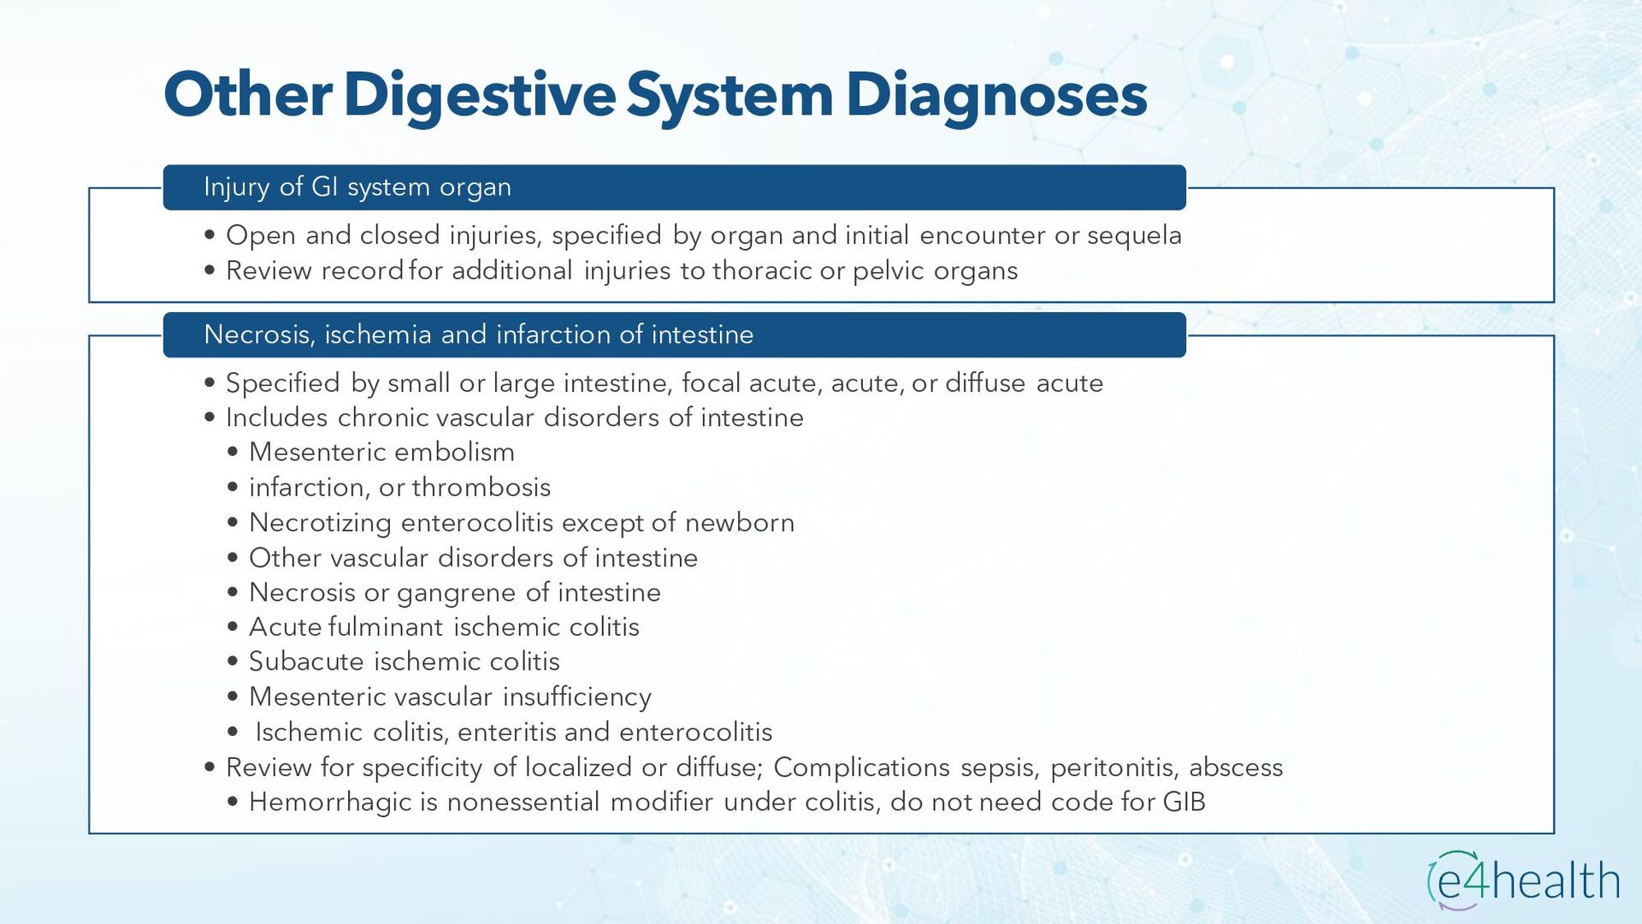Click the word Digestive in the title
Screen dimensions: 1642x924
point(479,95)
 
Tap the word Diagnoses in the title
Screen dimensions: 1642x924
point(996,95)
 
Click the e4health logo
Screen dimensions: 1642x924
point(1523,880)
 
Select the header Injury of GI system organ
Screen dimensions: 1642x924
point(357,187)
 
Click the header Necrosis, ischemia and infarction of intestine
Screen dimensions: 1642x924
point(479,335)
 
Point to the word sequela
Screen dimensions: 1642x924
point(1134,235)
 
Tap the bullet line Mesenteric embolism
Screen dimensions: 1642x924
point(381,453)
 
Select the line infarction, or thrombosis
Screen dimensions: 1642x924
point(399,488)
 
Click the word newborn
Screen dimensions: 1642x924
point(740,523)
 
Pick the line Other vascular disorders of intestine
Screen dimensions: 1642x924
point(473,558)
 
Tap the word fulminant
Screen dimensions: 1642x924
point(385,627)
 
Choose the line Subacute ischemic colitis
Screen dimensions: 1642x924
point(404,662)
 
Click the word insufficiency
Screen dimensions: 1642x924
point(576,697)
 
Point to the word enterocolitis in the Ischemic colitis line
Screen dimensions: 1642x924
point(695,732)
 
